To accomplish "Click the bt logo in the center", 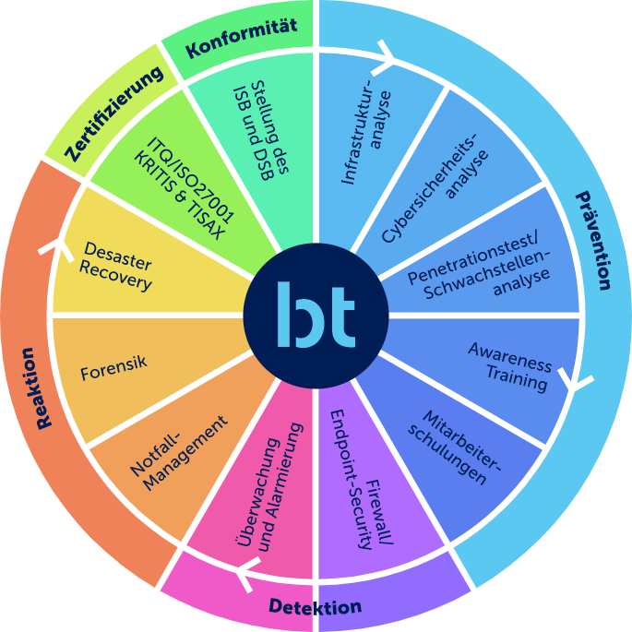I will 316,316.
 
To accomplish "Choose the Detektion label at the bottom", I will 315,607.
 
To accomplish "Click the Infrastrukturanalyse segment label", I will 366,137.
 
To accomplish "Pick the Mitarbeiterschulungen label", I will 453,447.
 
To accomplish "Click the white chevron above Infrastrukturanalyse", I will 384,62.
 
